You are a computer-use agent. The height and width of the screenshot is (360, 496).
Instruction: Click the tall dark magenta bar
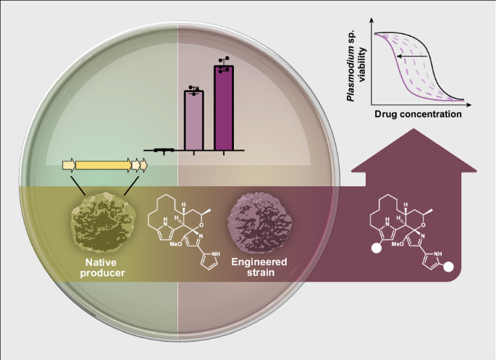224,109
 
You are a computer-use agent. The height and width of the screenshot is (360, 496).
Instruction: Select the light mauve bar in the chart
193,120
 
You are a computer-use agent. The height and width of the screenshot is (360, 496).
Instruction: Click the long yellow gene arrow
104,166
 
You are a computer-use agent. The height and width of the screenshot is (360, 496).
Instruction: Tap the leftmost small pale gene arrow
69,166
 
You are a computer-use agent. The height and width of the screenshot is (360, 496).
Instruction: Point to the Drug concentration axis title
418,114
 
